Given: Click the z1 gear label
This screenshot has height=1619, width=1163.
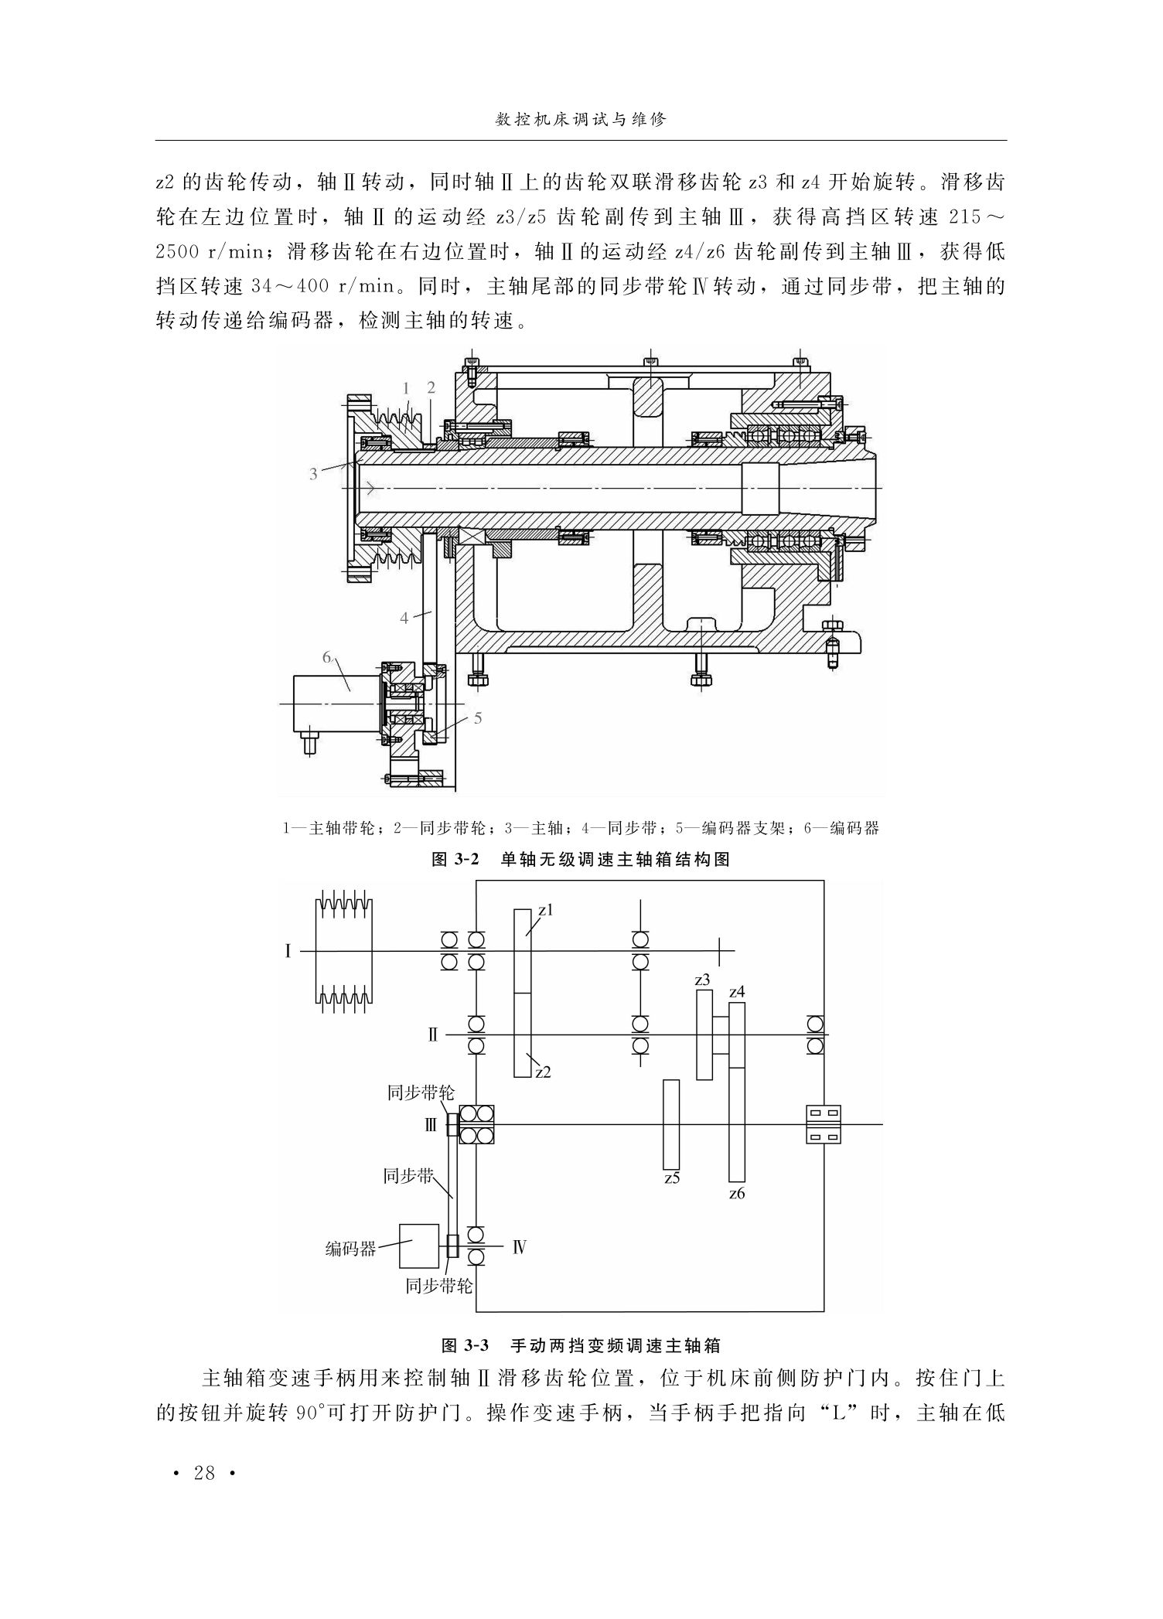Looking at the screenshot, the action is [x=546, y=910].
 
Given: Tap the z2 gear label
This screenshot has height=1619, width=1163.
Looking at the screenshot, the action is [x=543, y=1072].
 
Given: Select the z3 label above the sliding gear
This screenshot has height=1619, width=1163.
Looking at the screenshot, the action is [x=702, y=980].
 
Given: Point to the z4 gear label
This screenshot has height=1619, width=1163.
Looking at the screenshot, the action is [x=737, y=991].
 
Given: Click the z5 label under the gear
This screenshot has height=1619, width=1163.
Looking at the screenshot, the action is [x=671, y=1178].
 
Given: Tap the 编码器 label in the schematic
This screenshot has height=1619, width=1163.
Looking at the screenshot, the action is [x=350, y=1249].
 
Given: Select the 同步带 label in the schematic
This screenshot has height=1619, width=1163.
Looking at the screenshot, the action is [x=408, y=1177].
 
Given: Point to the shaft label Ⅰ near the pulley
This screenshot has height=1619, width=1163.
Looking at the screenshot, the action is [x=288, y=951].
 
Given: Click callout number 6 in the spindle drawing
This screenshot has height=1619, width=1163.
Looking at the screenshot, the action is [x=327, y=657].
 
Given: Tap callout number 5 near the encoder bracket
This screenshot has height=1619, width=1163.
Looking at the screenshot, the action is [x=478, y=718].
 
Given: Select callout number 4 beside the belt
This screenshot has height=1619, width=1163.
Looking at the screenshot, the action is [x=404, y=618].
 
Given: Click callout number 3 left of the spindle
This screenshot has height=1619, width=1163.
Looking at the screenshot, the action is [x=313, y=474].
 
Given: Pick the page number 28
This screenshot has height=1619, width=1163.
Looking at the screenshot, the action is [x=204, y=1473].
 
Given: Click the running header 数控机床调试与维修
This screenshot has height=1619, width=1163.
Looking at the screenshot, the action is [x=581, y=121].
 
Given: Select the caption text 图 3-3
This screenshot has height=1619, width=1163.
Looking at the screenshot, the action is [x=466, y=1345].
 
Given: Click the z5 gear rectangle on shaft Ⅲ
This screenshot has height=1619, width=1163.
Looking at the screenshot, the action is [x=671, y=1124].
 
